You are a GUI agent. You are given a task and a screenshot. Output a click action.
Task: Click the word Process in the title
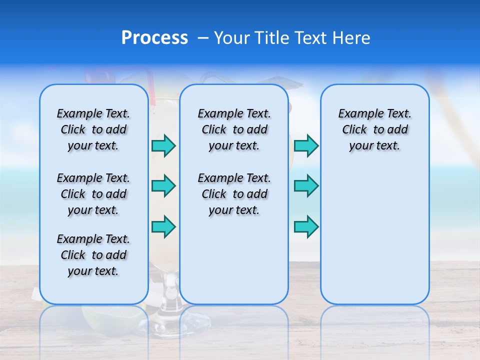[x=154, y=38]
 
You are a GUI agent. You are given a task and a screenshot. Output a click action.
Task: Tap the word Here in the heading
[x=352, y=38]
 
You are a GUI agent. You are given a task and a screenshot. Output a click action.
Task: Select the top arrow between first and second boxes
[x=163, y=145]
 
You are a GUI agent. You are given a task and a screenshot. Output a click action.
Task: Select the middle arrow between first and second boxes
[x=163, y=186]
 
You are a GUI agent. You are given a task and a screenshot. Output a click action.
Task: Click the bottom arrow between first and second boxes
[x=163, y=226]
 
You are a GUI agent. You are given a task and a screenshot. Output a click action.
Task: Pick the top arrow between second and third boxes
[x=306, y=145]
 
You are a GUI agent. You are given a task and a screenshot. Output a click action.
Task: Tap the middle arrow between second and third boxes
[x=306, y=186]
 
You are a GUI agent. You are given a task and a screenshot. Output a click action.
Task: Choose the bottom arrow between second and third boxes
[x=306, y=226]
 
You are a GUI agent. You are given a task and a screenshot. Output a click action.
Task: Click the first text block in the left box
[x=93, y=129]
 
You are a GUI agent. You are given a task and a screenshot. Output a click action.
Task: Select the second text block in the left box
[x=93, y=194]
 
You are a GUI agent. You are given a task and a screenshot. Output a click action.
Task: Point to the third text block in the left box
[x=93, y=255]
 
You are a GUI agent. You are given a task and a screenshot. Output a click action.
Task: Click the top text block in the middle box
[x=234, y=129]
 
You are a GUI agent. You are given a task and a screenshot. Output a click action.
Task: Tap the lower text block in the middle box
[x=234, y=194]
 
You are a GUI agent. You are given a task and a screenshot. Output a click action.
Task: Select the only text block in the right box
[x=374, y=129]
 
